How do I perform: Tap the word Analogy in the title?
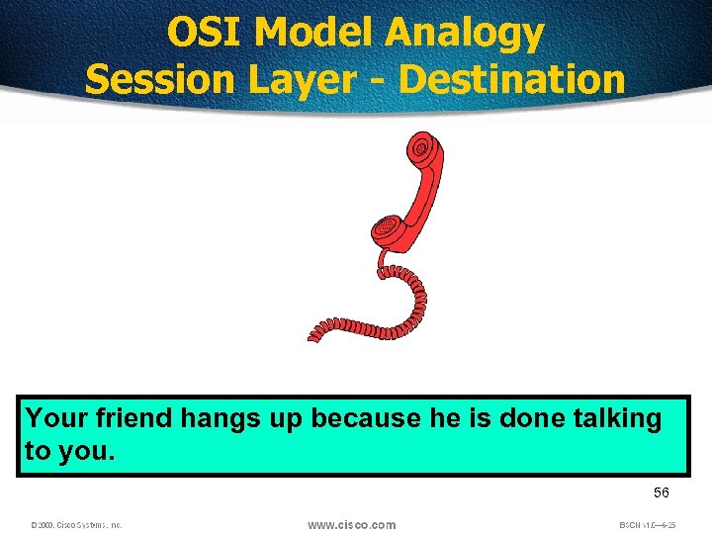465,34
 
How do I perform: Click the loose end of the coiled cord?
314,336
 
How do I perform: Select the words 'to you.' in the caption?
69,452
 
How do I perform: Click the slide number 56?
661,492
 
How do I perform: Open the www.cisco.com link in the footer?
351,525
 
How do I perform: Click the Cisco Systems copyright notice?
76,525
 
